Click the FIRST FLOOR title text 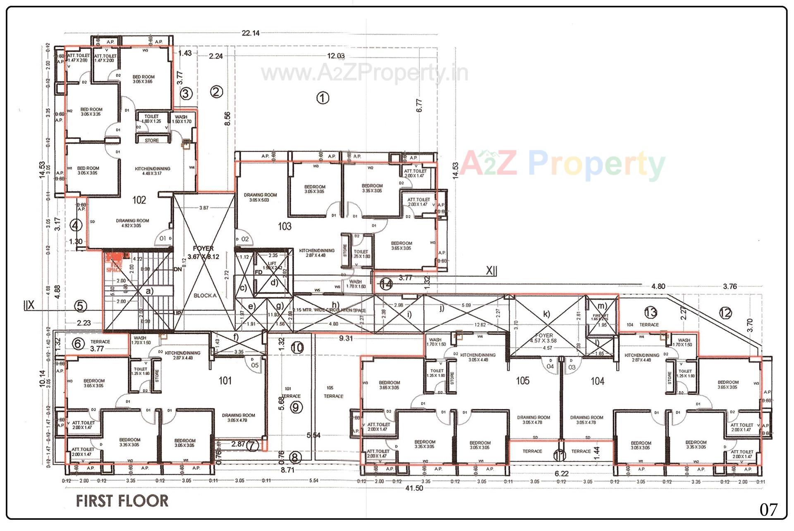click(122, 501)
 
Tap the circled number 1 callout click(323, 98)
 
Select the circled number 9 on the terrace click(296, 408)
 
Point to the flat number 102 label click(139, 200)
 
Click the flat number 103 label click(285, 226)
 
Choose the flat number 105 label click(523, 380)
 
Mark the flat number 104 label click(597, 381)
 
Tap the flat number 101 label click(225, 380)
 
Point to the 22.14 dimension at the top click(251, 33)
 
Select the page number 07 click(768, 509)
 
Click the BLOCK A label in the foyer click(205, 296)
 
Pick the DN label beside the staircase click(178, 269)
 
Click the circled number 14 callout click(386, 285)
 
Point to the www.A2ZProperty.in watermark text click(365, 74)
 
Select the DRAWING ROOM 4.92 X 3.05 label click(132, 223)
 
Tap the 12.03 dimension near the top click(336, 56)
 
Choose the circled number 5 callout click(81, 306)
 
